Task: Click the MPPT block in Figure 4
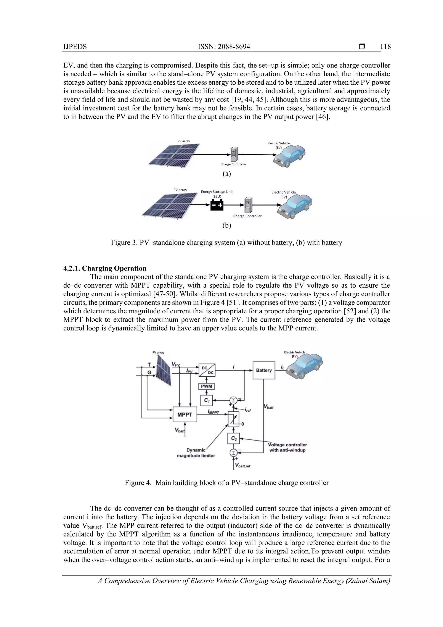[x=185, y=414]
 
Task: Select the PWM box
[x=206, y=386]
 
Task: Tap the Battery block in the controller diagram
[x=264, y=370]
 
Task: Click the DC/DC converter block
[x=207, y=370]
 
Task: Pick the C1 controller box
[x=207, y=401]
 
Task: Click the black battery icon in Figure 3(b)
[x=217, y=205]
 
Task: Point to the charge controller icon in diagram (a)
[x=234, y=154]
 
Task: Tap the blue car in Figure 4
[x=305, y=366]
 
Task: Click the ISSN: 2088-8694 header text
[x=224, y=47]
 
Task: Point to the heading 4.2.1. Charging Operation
[x=105, y=268]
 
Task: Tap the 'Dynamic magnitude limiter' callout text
[x=196, y=453]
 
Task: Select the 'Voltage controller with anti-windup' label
[x=287, y=447]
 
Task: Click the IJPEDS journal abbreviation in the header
[x=75, y=47]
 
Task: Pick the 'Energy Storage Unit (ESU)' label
[x=217, y=194]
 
